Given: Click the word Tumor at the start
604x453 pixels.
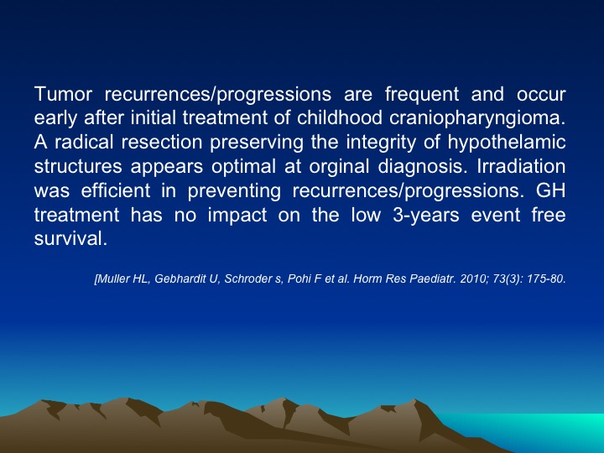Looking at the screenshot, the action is tap(63, 94).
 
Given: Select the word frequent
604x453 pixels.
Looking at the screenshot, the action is tap(422, 94).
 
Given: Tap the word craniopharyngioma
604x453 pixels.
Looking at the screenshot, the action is tap(477, 118).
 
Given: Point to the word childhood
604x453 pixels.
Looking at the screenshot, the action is tap(340, 118).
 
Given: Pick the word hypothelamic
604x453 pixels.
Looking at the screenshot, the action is tap(507, 143).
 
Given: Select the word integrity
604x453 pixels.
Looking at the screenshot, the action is tap(381, 143).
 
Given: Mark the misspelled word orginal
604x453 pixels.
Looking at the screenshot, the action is tap(339, 167).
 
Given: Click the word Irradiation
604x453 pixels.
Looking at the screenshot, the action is tap(521, 166).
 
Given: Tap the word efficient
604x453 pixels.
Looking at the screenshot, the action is tap(116, 190).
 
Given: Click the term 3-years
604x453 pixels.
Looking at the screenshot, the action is tap(426, 215).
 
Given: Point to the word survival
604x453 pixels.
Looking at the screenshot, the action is tap(70, 239).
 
